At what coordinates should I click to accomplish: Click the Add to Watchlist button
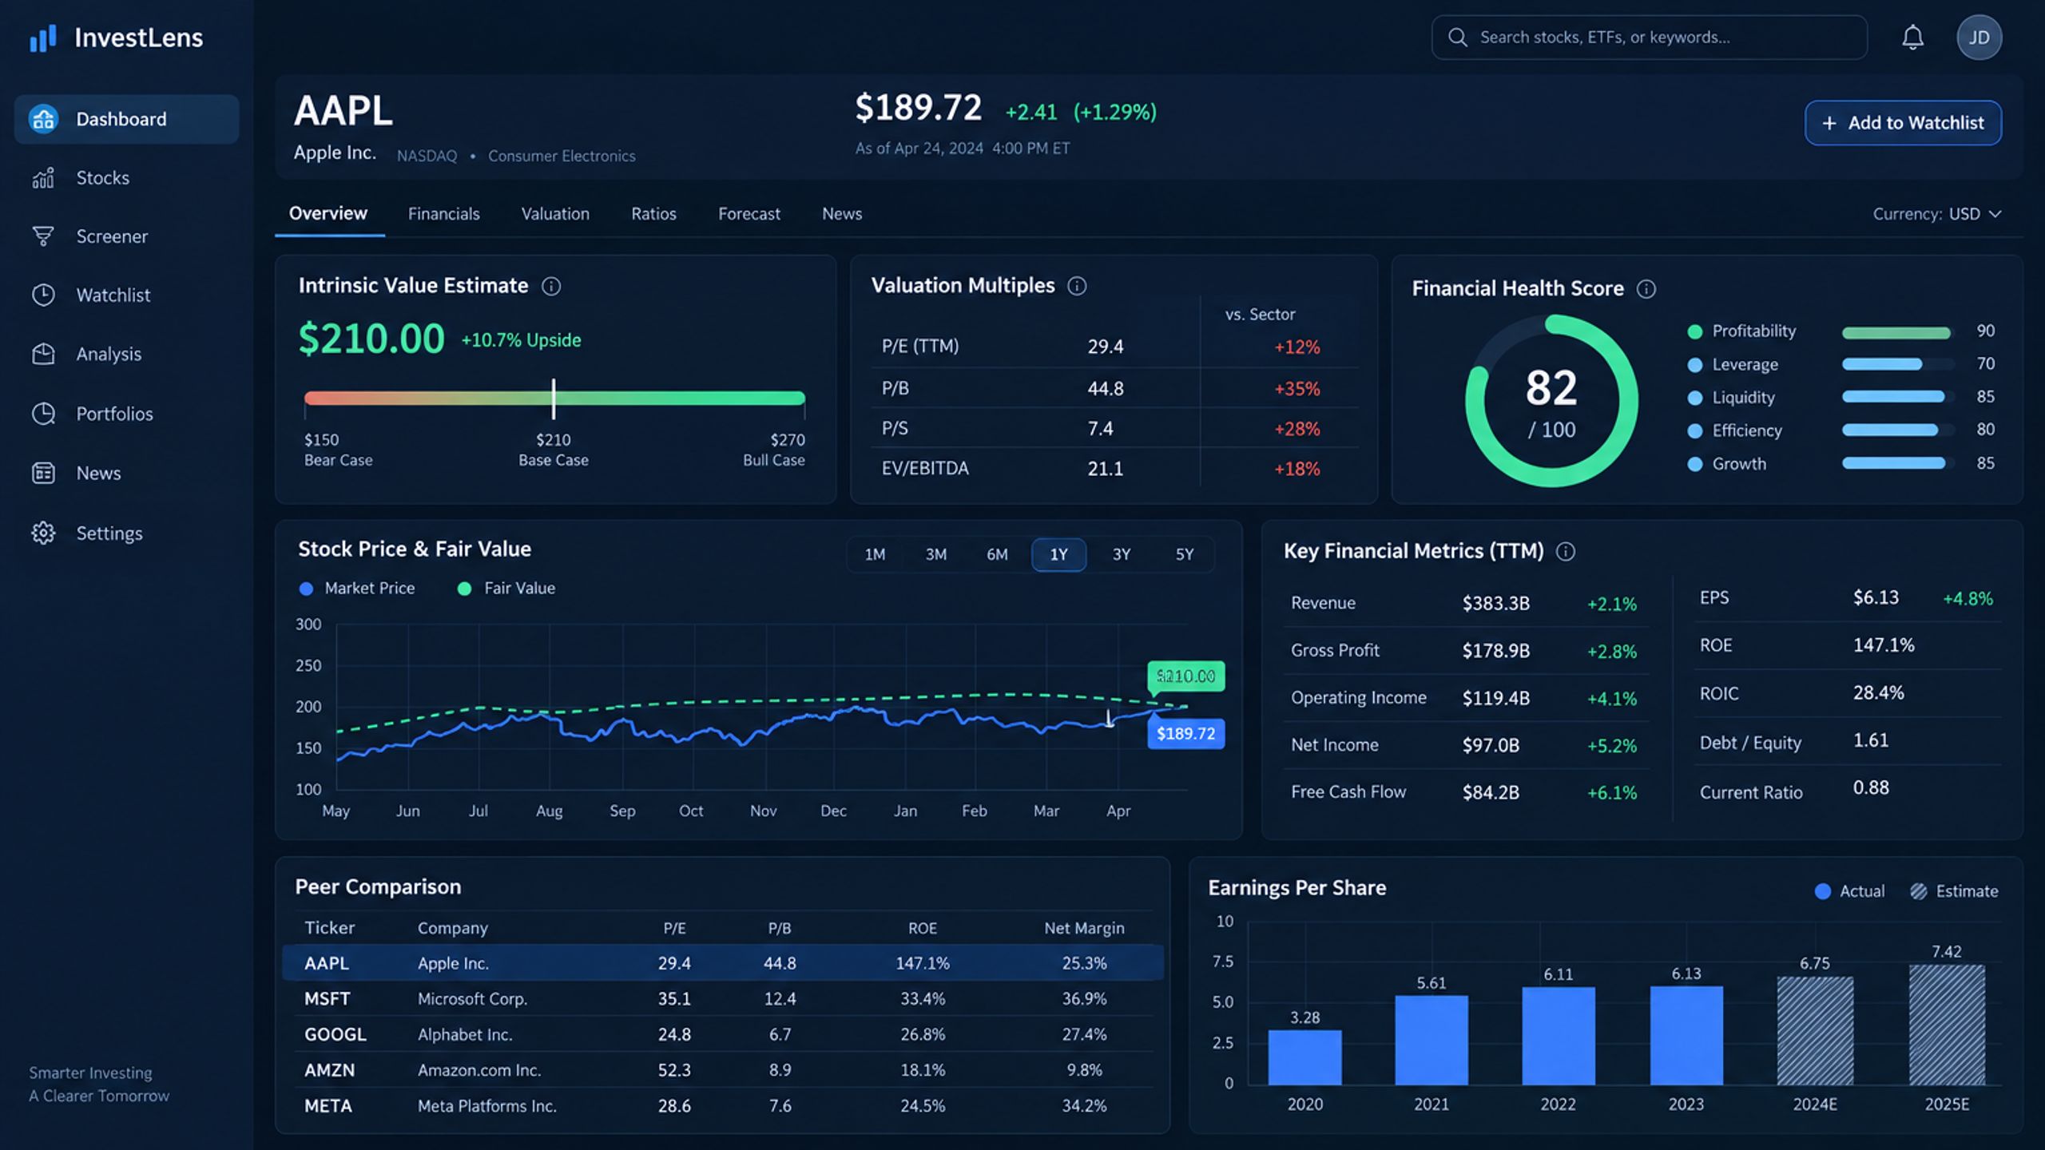tap(1902, 123)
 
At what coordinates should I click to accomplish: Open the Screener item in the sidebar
tap(112, 236)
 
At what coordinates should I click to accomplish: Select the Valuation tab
tap(555, 214)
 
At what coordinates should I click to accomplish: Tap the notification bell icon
tap(1912, 38)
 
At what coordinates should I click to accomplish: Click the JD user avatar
tap(1979, 38)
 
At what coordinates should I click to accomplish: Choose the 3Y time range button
tap(1122, 554)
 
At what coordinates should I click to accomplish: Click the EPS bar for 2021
tap(1431, 1040)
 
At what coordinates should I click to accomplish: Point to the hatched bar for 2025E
tap(1947, 1025)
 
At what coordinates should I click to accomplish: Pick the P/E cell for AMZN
tap(674, 1070)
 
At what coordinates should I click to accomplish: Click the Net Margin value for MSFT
tap(1084, 999)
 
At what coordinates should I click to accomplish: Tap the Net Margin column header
tap(1084, 928)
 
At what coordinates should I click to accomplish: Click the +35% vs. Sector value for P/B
tap(1296, 389)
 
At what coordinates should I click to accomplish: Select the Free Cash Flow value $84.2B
tap(1491, 792)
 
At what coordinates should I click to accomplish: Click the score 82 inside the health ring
tap(1551, 388)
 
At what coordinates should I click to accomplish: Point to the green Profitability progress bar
tap(1896, 332)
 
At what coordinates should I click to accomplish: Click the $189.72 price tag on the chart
tap(1185, 734)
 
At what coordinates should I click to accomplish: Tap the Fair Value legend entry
tap(506, 589)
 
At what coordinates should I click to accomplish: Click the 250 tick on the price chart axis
tap(308, 665)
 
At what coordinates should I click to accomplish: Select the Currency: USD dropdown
tap(1936, 214)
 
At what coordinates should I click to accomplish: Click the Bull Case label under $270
tap(773, 461)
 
